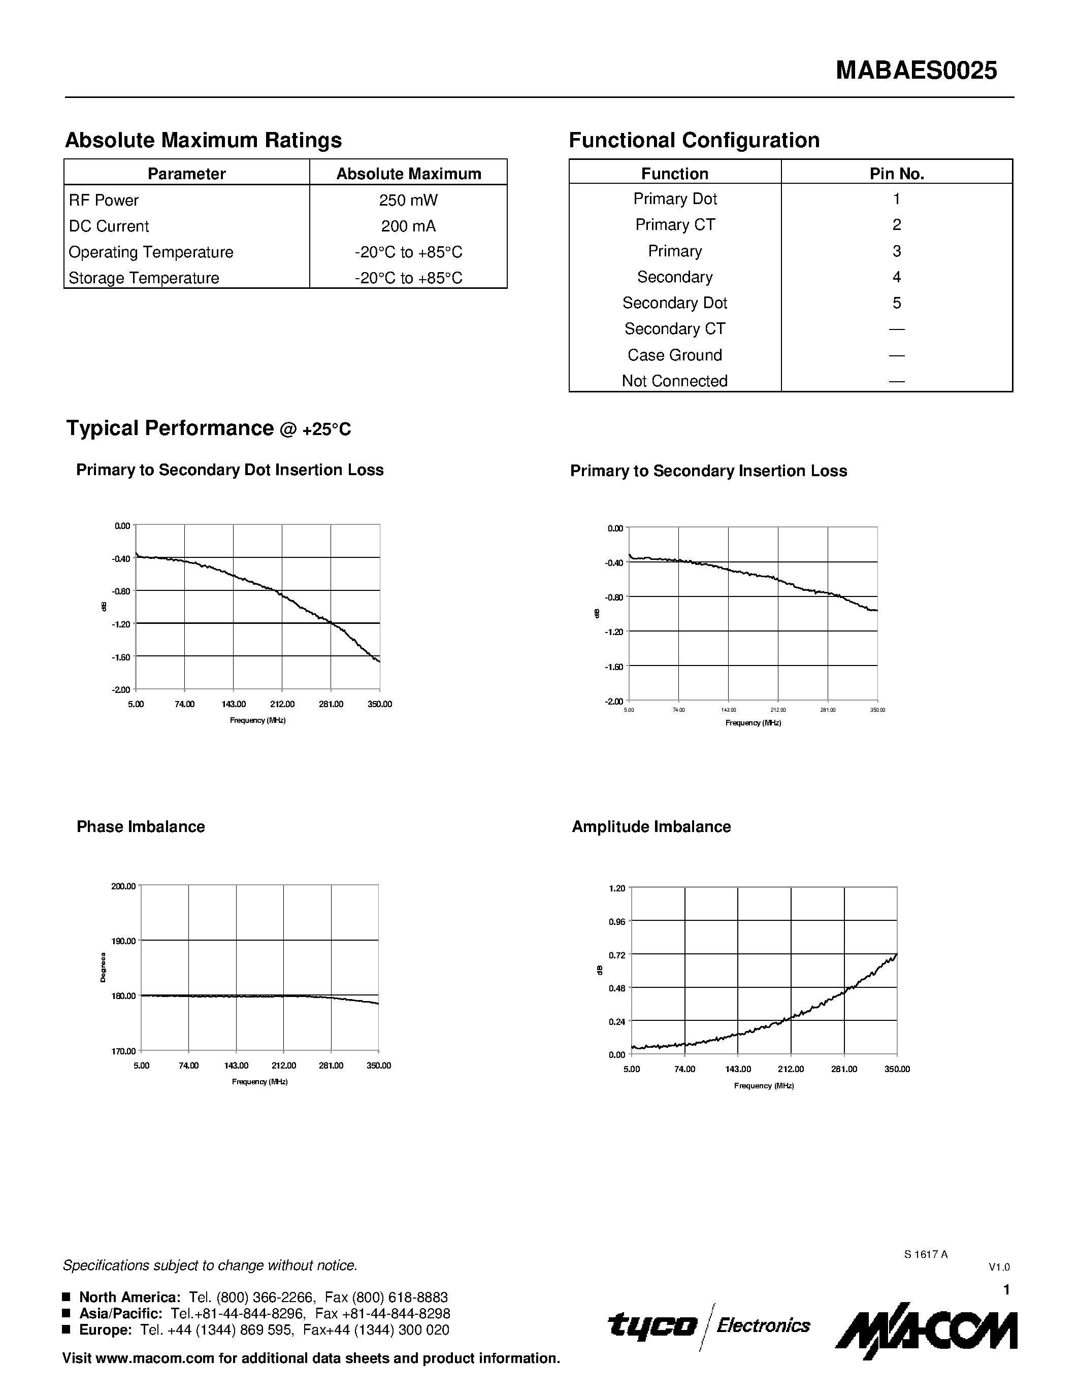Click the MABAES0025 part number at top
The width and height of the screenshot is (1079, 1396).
pos(916,71)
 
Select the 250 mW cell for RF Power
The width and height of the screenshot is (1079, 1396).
pos(408,200)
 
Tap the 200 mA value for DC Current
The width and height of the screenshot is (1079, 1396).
pos(408,226)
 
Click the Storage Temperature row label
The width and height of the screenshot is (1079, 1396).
pos(144,278)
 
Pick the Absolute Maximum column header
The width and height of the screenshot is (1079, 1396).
pos(408,174)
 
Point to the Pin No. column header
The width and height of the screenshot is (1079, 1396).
pos(896,174)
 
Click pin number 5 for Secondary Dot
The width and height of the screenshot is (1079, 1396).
pos(896,303)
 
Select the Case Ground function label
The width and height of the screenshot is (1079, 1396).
pos(674,355)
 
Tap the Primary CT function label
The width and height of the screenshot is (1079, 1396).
pos(674,225)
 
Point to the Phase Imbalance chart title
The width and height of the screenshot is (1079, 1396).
pos(141,826)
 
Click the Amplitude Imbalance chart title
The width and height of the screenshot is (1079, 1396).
pos(651,826)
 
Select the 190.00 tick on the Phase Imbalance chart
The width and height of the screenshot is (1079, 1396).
pos(123,941)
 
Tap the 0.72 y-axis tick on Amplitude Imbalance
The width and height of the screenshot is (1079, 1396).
pos(616,955)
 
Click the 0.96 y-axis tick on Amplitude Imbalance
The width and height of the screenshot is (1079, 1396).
pos(616,922)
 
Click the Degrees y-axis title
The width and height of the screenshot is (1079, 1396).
pos(103,968)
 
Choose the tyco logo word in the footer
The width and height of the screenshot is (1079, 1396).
pos(652,1325)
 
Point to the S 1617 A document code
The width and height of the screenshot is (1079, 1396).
pos(926,1254)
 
